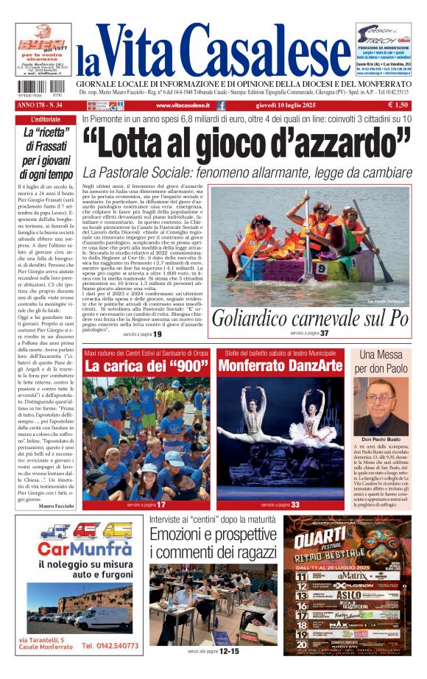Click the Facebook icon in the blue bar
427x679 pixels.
coord(222,106)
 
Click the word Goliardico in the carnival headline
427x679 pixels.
coord(252,319)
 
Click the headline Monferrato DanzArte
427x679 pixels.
coord(280,365)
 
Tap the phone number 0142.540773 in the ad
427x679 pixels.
coord(110,646)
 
